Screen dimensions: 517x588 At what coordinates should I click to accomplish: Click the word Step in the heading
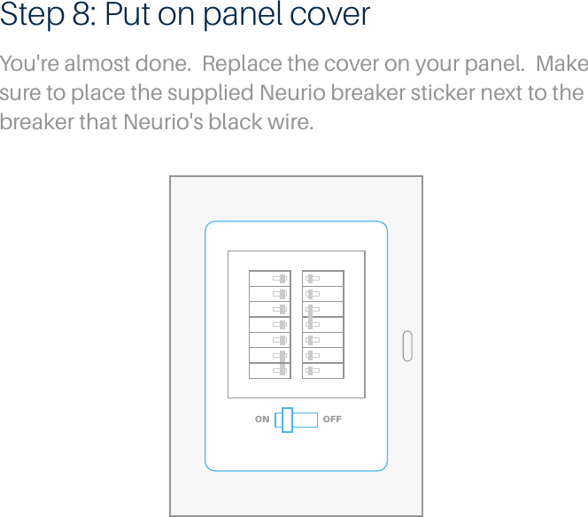pyautogui.click(x=32, y=17)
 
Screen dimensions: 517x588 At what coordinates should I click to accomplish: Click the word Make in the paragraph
pyautogui.click(x=562, y=66)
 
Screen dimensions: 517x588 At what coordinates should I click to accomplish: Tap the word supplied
pyautogui.click(x=213, y=93)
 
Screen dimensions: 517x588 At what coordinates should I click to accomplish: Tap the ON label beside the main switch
pyautogui.click(x=262, y=420)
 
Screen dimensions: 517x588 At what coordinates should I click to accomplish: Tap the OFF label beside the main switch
pyautogui.click(x=332, y=420)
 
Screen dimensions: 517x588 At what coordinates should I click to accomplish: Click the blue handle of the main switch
pyautogui.click(x=287, y=420)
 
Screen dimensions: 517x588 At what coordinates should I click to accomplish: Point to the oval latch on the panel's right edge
pyautogui.click(x=407, y=346)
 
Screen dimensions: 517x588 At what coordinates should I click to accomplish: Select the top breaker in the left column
pyautogui.click(x=269, y=278)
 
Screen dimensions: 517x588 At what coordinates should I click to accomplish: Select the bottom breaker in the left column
pyautogui.click(x=269, y=370)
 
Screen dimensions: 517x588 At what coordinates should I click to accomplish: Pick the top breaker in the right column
pyautogui.click(x=322, y=278)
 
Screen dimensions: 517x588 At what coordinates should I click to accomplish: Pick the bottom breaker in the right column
pyautogui.click(x=322, y=370)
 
